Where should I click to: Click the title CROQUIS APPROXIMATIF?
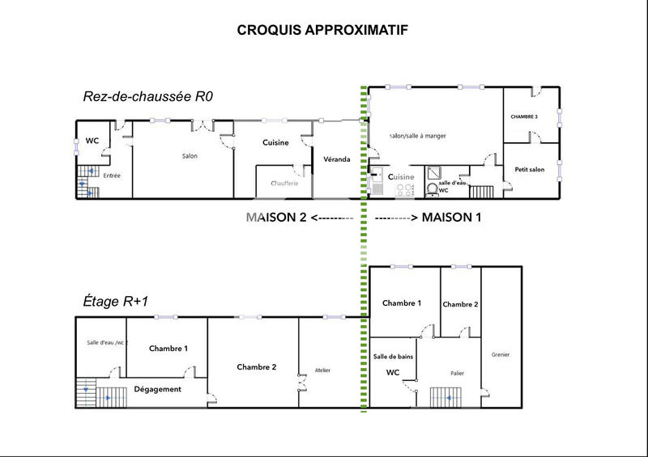(322, 30)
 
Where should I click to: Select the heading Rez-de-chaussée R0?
(147, 95)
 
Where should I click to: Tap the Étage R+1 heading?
(116, 300)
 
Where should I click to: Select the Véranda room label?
(336, 159)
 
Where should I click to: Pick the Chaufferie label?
(284, 184)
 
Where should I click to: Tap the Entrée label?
(113, 175)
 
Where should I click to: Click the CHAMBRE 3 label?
(524, 117)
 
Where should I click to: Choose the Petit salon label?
(529, 169)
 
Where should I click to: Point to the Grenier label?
(501, 355)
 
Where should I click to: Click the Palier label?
(457, 374)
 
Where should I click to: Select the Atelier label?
(322, 370)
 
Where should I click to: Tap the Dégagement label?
(157, 389)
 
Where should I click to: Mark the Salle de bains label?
(394, 357)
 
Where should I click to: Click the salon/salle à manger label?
(418, 136)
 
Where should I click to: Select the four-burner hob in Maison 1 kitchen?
(404, 190)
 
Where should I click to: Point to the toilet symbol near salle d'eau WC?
(432, 189)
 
